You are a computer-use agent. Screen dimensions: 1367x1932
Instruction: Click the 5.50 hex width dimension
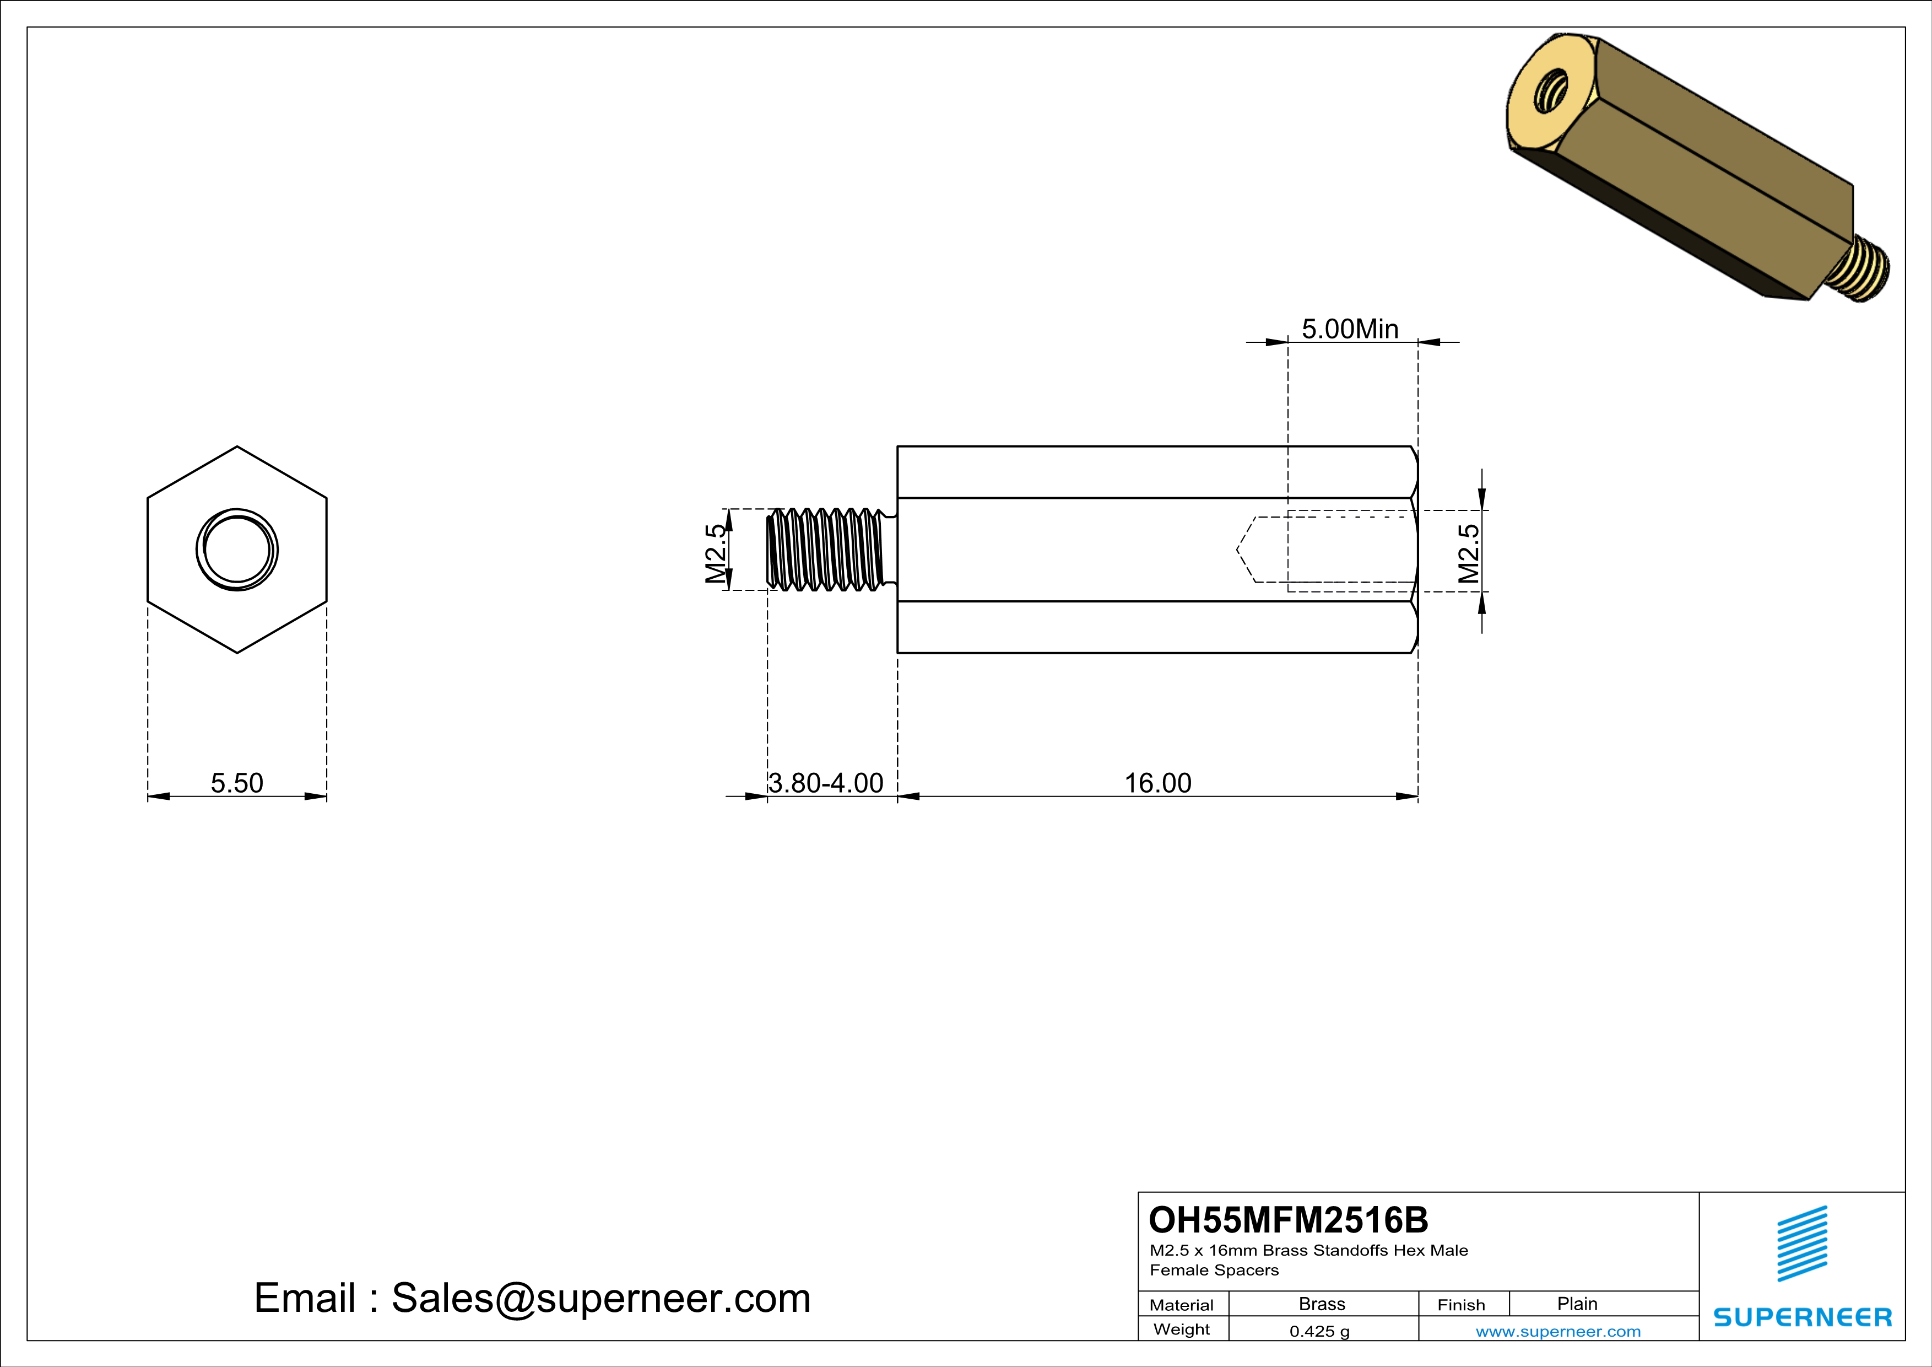(236, 783)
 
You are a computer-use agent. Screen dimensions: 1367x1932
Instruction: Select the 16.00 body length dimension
(1158, 783)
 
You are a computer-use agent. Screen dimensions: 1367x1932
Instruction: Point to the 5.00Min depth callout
(1350, 329)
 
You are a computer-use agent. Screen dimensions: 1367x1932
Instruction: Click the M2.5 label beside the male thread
(715, 553)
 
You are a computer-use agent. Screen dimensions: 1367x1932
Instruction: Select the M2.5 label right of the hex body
(1468, 553)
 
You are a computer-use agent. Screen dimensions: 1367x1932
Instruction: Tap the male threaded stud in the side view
(829, 550)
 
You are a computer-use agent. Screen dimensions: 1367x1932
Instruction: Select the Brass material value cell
(1322, 1304)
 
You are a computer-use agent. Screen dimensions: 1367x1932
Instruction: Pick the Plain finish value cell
(1577, 1304)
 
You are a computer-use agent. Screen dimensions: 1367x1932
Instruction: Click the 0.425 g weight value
(1319, 1331)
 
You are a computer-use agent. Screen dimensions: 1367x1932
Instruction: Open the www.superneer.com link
(1557, 1331)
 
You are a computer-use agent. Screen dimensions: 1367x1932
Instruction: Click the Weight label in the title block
(1182, 1329)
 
